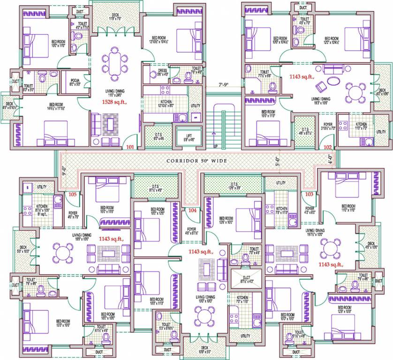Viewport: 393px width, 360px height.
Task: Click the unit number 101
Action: (x=130, y=147)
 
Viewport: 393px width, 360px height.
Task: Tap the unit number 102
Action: (x=327, y=147)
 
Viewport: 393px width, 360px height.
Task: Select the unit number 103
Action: (x=309, y=194)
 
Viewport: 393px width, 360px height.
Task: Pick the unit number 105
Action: (x=72, y=194)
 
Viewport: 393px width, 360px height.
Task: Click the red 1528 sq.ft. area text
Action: (x=114, y=101)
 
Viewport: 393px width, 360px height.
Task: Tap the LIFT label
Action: (x=189, y=137)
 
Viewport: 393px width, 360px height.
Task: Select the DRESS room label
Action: (x=162, y=72)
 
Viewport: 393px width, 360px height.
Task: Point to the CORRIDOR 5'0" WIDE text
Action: (x=196, y=161)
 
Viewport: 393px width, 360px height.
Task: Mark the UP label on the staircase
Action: (x=215, y=146)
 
